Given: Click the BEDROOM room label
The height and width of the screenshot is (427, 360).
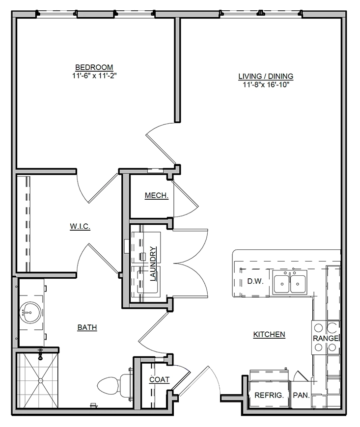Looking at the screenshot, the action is [x=94, y=67].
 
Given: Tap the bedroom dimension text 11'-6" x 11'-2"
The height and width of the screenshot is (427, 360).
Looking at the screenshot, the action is [x=94, y=76].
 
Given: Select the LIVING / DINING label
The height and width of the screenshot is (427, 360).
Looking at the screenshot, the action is [x=266, y=76].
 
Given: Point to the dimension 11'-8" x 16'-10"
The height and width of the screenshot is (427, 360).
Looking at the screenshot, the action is [x=266, y=85].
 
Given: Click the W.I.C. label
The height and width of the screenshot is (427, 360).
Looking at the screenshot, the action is [x=80, y=226].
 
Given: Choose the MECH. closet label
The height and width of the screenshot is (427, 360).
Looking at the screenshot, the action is [x=157, y=195].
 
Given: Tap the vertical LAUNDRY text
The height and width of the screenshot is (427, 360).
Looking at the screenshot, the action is [x=153, y=264].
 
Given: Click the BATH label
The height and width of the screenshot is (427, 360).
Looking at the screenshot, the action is [x=87, y=327].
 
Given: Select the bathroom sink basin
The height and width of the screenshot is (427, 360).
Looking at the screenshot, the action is [x=30, y=312].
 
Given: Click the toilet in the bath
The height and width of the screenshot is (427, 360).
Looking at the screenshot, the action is [x=114, y=384].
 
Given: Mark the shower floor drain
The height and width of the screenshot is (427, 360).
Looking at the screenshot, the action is [x=41, y=380].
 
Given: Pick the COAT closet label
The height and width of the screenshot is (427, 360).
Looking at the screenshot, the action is [x=160, y=379].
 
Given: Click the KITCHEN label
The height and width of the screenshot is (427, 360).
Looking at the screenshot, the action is [x=269, y=334].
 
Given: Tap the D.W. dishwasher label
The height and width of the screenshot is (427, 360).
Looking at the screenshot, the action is [x=255, y=281].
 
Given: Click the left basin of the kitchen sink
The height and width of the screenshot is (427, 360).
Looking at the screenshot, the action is [x=281, y=284].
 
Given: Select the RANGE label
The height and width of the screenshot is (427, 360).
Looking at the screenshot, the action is [x=326, y=338].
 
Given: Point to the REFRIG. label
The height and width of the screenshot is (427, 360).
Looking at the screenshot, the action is [x=269, y=395].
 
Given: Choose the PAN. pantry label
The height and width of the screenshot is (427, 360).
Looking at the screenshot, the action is [x=301, y=395].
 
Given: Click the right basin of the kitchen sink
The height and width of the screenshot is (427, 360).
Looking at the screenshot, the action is [x=298, y=284].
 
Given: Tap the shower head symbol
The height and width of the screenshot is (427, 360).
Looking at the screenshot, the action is [x=41, y=354].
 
